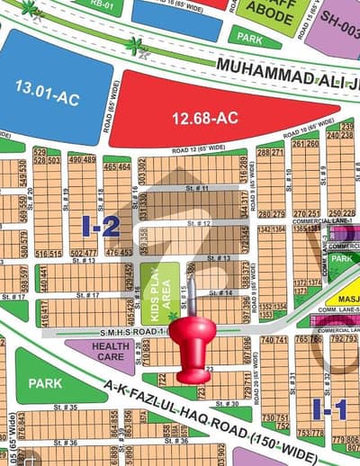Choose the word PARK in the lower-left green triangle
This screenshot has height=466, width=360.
coord(45,383)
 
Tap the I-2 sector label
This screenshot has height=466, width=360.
coord(101,226)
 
